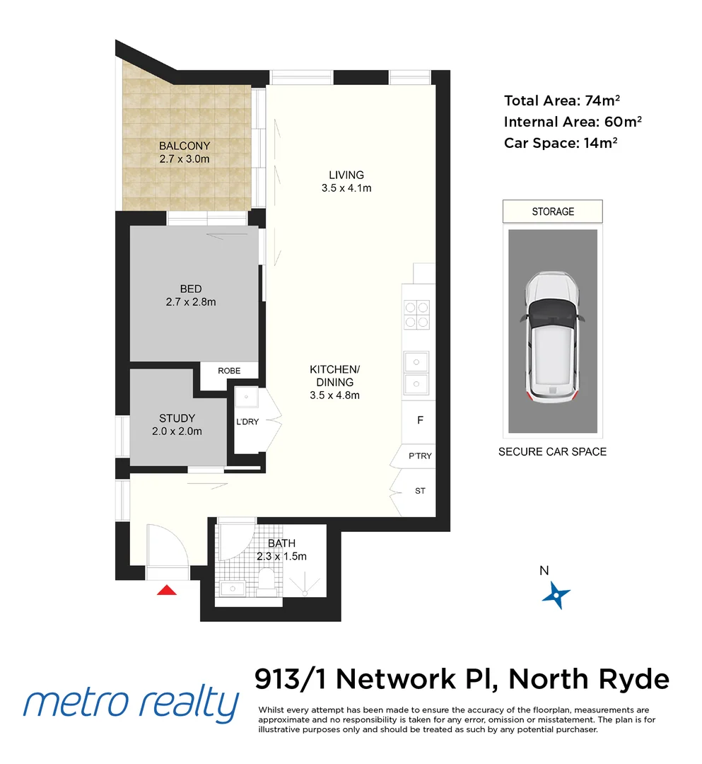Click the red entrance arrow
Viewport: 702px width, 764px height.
[166, 590]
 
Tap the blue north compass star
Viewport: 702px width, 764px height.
[556, 596]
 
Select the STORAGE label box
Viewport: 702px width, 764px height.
[552, 212]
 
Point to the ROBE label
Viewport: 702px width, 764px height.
[228, 371]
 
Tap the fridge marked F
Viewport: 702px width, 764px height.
[420, 420]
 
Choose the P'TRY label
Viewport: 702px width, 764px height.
[420, 456]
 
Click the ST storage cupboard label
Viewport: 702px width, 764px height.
[420, 491]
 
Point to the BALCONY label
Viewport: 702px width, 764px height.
[185, 146]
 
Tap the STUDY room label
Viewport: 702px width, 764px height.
[177, 418]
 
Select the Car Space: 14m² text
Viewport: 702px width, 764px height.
[561, 143]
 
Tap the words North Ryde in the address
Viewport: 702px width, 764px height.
[588, 679]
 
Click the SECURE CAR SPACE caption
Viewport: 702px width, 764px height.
[552, 451]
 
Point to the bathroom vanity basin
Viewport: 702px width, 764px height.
[231, 587]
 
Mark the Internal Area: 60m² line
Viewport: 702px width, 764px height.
[573, 122]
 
